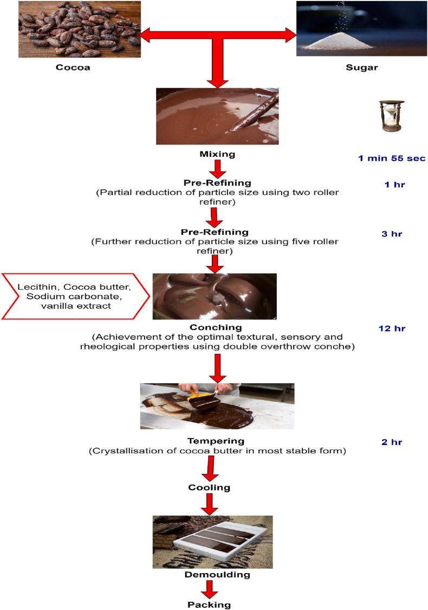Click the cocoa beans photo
[80, 29]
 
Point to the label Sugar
[361, 68]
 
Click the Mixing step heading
[217, 154]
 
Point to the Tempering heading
[217, 441]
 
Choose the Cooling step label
[209, 487]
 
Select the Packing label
[209, 604]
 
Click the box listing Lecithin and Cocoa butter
[75, 296]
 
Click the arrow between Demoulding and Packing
[209, 589]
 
